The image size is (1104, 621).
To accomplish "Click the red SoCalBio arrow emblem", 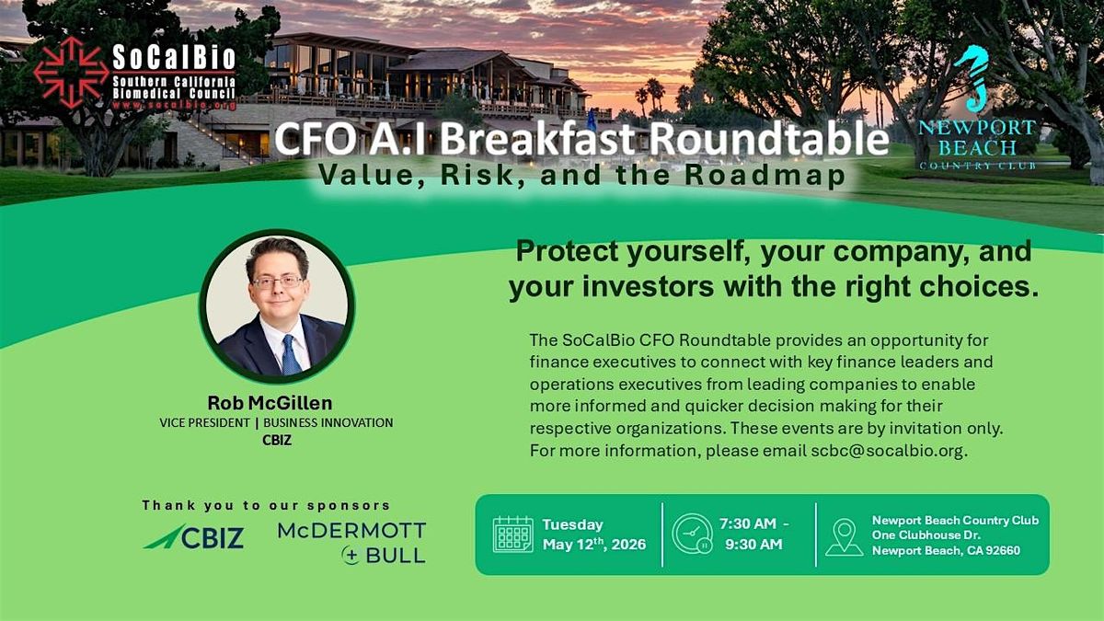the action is click(x=72, y=73).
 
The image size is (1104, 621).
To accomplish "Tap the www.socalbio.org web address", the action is click(x=174, y=105).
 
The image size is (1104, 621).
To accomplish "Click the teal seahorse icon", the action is click(x=972, y=79).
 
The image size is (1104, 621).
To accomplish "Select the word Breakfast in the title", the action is click(x=537, y=139).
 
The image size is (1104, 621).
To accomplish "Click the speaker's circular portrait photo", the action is click(x=277, y=306).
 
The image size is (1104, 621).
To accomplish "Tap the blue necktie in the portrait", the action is click(x=291, y=355).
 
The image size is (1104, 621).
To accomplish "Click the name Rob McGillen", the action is click(x=270, y=403).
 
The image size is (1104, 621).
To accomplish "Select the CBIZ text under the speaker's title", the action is click(x=277, y=440).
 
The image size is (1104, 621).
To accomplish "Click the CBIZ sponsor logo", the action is click(x=194, y=536).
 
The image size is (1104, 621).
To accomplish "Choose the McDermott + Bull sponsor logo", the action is click(x=351, y=543).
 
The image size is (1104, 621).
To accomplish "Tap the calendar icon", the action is click(x=513, y=535).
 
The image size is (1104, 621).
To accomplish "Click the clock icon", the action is click(x=692, y=535).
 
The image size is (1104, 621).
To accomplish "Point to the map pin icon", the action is click(x=844, y=537).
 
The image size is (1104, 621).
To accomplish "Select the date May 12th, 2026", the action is click(x=594, y=544).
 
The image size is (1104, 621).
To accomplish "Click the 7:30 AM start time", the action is click(x=748, y=523).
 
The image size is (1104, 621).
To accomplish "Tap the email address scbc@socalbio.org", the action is click(x=887, y=451).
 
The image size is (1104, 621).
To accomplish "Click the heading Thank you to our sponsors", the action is click(x=266, y=505).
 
